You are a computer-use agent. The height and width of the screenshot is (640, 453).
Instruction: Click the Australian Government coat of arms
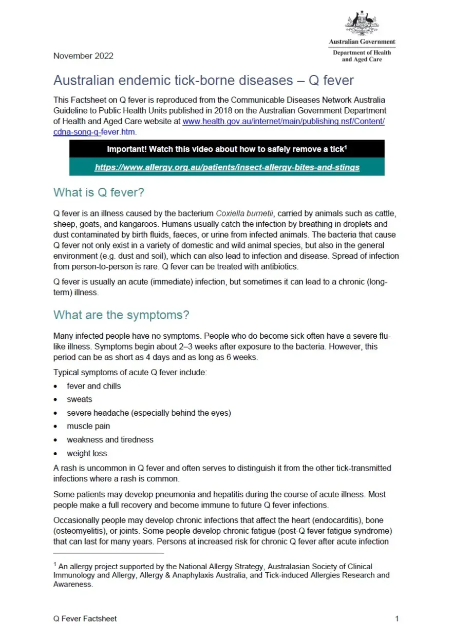point(362,23)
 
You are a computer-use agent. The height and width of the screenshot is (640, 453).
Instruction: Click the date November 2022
point(83,56)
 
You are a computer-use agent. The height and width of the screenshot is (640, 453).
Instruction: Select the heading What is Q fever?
point(99,192)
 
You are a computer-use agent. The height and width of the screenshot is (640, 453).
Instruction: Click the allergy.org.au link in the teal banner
point(227,167)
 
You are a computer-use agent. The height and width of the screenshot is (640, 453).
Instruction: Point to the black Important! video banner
point(227,149)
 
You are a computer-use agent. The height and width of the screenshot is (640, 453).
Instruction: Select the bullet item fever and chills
point(94,386)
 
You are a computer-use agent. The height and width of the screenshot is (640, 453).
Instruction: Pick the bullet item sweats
point(80,399)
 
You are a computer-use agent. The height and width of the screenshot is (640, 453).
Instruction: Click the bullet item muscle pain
point(88,426)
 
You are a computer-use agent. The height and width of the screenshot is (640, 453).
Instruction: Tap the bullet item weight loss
point(88,453)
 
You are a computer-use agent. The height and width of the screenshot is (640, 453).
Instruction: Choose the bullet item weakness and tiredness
point(110,440)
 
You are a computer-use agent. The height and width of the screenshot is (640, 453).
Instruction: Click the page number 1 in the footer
point(397,618)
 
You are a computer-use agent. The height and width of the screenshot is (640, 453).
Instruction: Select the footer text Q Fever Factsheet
point(85,618)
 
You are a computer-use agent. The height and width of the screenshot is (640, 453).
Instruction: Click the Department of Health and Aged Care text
point(362,56)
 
